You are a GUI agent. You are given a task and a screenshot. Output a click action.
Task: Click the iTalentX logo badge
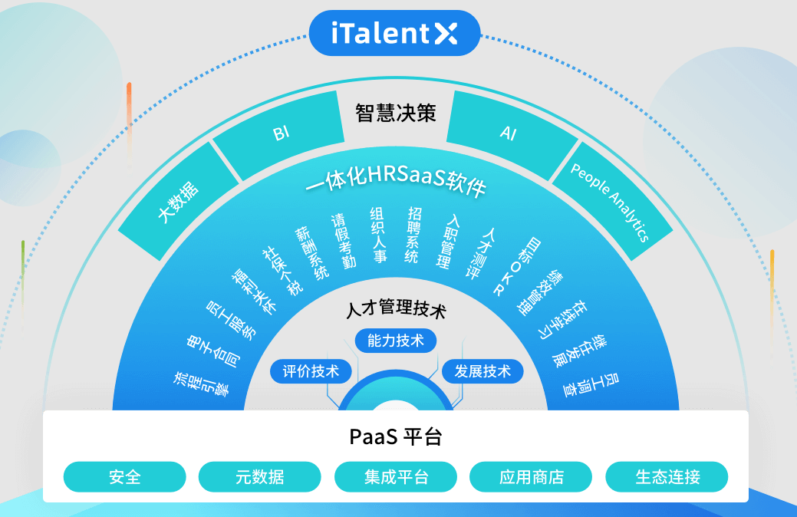[x=394, y=33]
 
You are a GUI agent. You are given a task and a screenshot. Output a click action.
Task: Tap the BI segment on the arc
[x=281, y=133]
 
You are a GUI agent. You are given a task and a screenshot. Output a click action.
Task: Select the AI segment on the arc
[x=508, y=133]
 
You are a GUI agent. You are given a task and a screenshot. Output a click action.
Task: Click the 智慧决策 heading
[x=395, y=114]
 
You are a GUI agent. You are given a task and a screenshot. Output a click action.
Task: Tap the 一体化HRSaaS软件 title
[x=395, y=182]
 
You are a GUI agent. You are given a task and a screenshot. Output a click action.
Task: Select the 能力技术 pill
[x=395, y=341]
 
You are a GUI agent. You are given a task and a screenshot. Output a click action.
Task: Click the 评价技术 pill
[x=311, y=372]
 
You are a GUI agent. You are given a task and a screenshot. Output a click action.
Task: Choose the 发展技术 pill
[x=482, y=372]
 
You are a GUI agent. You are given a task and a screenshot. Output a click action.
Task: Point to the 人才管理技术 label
[x=395, y=311]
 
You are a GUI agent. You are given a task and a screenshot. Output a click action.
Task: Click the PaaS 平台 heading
[x=395, y=437]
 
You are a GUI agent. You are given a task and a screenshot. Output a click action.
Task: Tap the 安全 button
[x=124, y=477]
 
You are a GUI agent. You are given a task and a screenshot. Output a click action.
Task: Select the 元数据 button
[x=259, y=477]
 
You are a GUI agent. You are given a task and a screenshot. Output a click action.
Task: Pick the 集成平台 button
[x=396, y=477]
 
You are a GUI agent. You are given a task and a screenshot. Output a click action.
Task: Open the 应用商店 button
[x=531, y=477]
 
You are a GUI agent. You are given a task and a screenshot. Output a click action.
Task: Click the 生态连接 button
[x=667, y=477]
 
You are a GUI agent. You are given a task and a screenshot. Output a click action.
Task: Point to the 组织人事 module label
[x=377, y=235]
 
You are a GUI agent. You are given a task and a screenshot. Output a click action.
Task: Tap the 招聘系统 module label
[x=413, y=235]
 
